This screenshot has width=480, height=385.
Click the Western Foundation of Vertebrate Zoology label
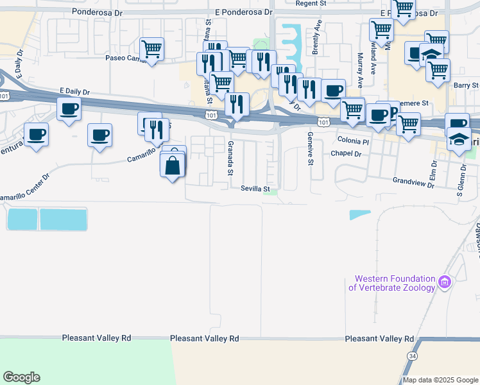tap(392, 283)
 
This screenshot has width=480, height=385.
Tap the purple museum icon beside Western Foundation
tap(445, 282)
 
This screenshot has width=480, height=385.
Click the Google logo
tap(21, 377)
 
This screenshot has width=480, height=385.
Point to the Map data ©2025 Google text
tap(440, 380)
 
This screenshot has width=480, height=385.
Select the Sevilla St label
tap(255, 189)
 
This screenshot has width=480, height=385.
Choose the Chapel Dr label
tap(347, 154)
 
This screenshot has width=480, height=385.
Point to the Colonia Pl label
tap(353, 141)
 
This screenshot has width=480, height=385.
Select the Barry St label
tap(466, 85)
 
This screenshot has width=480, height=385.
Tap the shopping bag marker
tap(172, 167)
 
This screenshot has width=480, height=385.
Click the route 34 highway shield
tap(411, 355)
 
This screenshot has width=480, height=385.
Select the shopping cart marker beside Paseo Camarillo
tap(152, 49)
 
